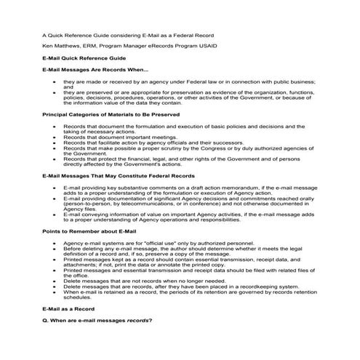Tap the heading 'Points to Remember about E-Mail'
pos(81,231)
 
